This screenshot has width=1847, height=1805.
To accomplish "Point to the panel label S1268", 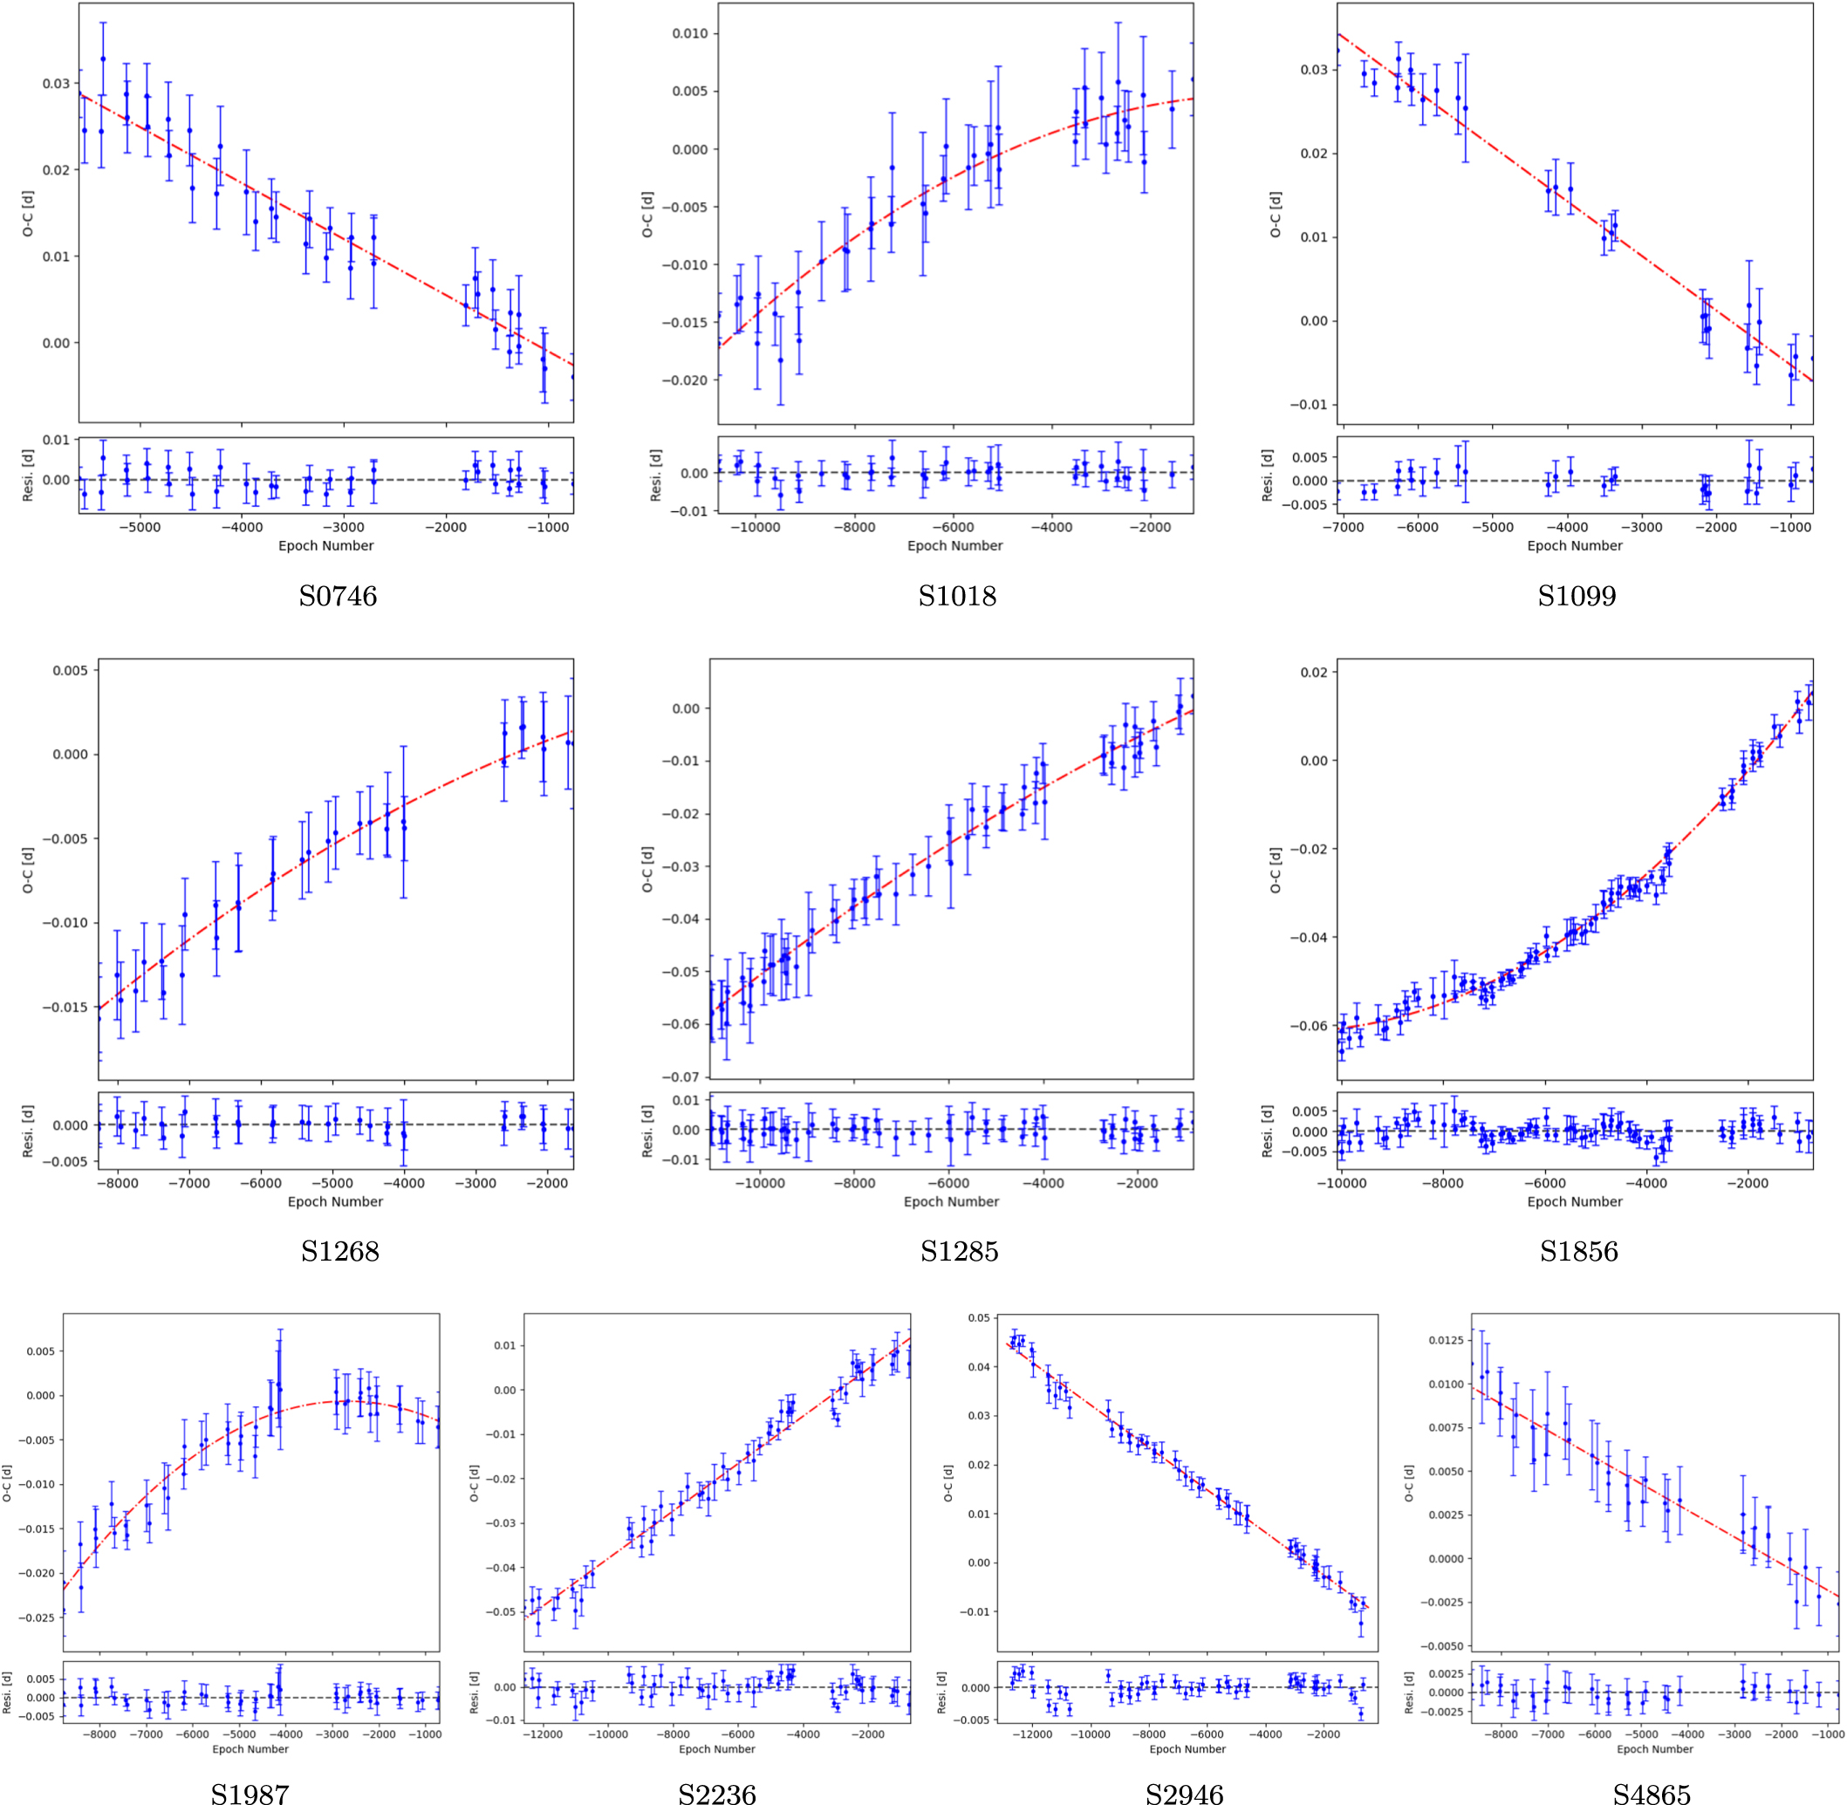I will click(x=339, y=1251).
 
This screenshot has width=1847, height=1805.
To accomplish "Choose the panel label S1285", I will click(x=959, y=1251).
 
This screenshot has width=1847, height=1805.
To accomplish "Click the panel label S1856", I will click(x=1577, y=1251).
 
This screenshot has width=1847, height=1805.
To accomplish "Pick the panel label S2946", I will click(x=1183, y=1793).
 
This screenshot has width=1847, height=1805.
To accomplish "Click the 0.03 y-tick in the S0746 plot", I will click(x=55, y=84).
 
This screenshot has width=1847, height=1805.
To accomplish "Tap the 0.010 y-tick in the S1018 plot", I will click(x=689, y=33).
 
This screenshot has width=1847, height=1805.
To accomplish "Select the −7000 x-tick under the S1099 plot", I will click(x=1344, y=527).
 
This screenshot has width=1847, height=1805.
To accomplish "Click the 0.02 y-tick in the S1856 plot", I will click(x=1313, y=672).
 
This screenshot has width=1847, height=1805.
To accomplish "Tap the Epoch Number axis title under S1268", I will click(x=335, y=1201).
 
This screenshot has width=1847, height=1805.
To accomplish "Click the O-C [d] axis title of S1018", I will click(x=646, y=215).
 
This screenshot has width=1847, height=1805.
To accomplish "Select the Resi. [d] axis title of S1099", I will click(x=1267, y=475).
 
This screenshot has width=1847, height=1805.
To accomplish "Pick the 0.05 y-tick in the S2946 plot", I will click(x=979, y=1317).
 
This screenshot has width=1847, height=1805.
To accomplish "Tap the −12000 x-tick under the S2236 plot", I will click(x=543, y=1734).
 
